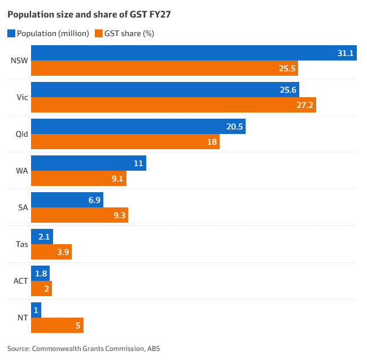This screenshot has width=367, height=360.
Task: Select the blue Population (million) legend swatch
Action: pos(11,33)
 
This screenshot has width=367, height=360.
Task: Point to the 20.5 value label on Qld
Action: pos(234,127)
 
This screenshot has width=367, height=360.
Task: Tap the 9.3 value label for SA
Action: pos(120,215)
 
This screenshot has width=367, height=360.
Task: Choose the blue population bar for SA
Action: pos(67,200)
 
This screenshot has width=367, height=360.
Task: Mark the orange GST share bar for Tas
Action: pos(51,252)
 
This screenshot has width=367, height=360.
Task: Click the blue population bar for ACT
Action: pos(40,274)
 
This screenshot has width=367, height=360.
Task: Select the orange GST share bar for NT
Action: pos(56,326)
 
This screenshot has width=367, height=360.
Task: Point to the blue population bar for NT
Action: pos(36,310)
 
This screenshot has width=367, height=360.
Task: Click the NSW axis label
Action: pos(19,60)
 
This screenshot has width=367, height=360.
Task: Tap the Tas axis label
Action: pos(22,244)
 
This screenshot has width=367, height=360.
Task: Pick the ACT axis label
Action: pos(20,281)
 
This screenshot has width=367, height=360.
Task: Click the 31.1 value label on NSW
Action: pos(345,53)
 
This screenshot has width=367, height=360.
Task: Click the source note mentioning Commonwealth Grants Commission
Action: pos(84,348)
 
